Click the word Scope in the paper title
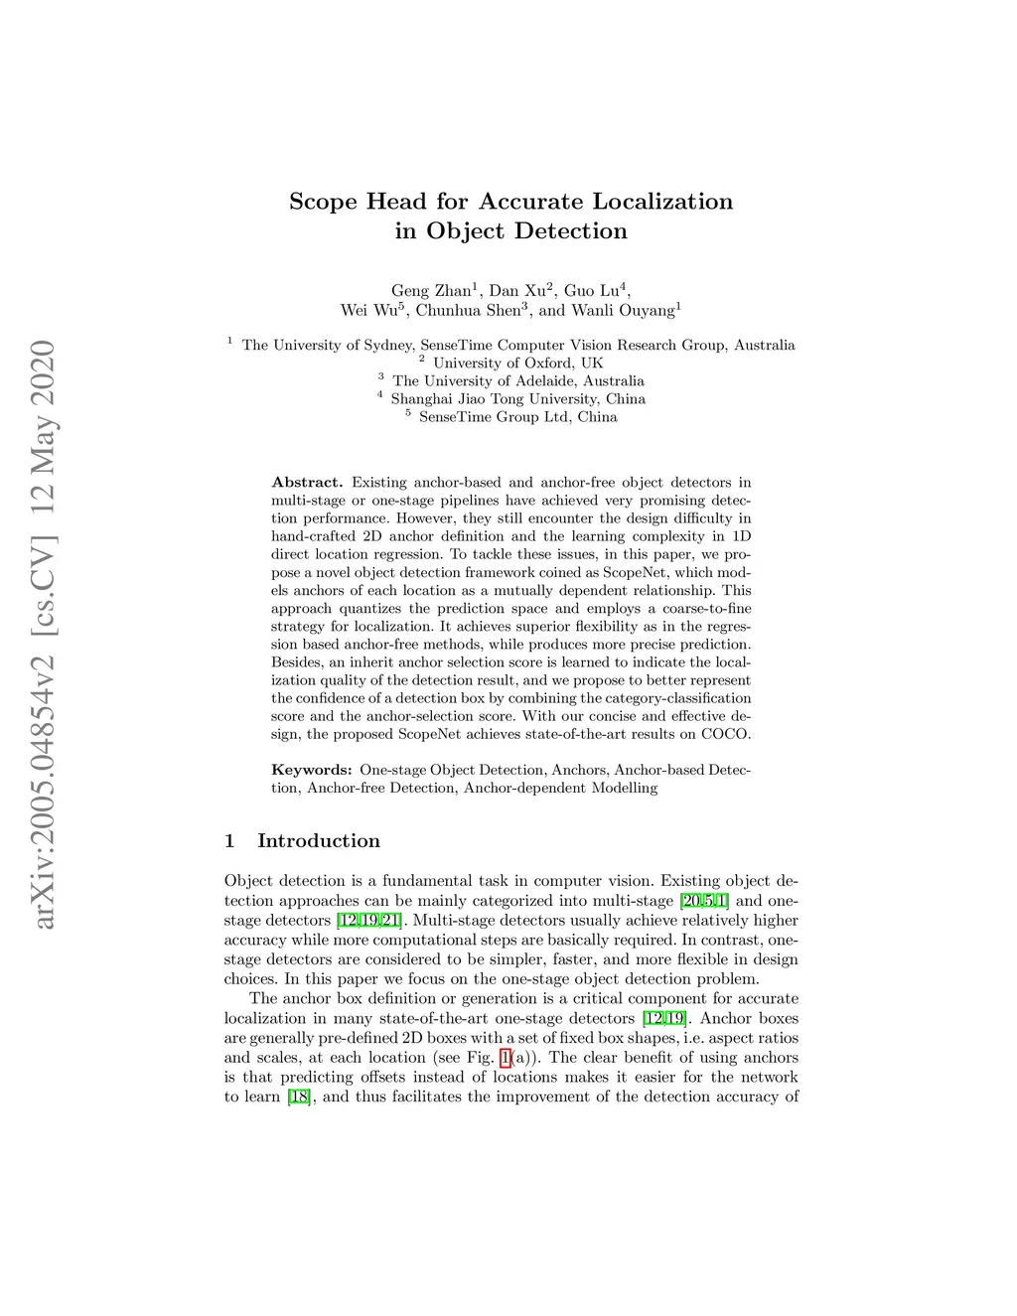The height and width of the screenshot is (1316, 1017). (x=324, y=202)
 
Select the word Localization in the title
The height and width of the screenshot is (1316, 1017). (x=662, y=202)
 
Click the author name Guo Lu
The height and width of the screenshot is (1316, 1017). (x=593, y=291)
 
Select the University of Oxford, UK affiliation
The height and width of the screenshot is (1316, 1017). (x=517, y=363)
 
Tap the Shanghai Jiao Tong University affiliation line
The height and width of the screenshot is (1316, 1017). (x=517, y=399)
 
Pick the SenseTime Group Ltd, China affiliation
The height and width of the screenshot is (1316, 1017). (x=517, y=417)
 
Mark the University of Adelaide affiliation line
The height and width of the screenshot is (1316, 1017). (x=517, y=380)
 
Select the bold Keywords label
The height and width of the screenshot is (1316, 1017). (x=312, y=770)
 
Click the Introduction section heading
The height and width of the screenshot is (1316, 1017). (x=318, y=841)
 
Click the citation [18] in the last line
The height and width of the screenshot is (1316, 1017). (x=298, y=1097)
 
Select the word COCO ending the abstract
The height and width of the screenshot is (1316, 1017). (x=726, y=735)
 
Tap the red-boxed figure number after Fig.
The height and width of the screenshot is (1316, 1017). (x=505, y=1058)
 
